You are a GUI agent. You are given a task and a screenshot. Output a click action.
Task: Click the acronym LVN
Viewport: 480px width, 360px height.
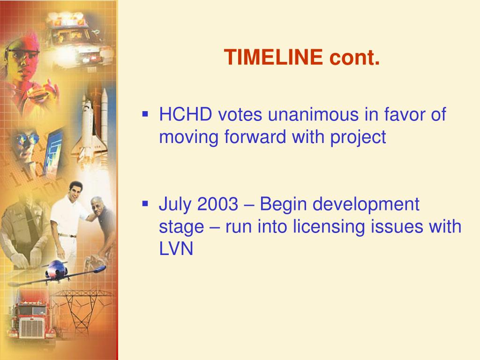coord(176,249)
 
